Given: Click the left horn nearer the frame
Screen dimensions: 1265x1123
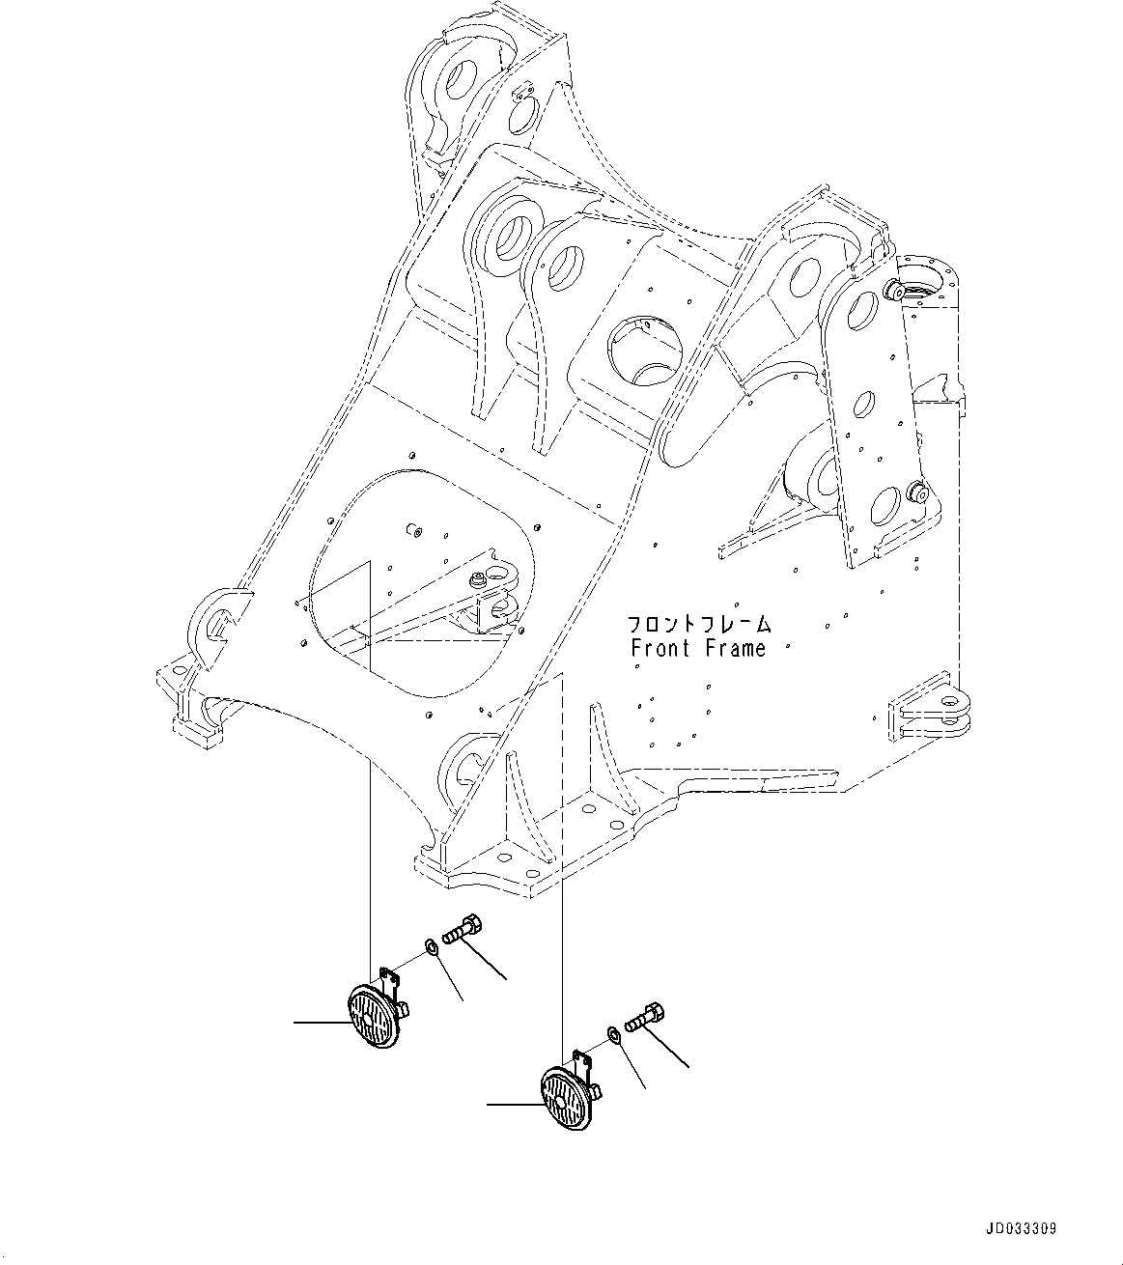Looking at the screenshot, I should click(372, 1016).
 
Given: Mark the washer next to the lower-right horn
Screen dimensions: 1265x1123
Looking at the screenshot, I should click(615, 1035).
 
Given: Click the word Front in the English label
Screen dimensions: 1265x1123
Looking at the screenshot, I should click(660, 649).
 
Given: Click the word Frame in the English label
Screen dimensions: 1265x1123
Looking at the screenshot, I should click(734, 649).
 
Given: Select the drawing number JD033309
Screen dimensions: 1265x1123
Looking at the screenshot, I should click(1021, 1229).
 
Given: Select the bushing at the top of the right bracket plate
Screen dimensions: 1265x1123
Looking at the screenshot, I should click(894, 290).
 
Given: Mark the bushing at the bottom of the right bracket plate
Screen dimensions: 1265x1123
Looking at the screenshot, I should click(917, 493).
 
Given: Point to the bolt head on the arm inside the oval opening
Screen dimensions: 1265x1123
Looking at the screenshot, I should click(477, 579).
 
